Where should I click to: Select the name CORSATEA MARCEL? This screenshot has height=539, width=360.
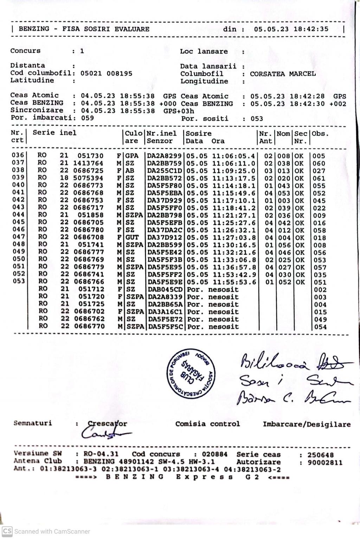click(x=283, y=74)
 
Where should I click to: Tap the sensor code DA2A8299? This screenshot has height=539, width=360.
click(x=164, y=156)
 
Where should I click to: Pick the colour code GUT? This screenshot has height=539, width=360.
click(x=132, y=238)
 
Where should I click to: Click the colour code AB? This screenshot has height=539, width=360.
click(x=130, y=171)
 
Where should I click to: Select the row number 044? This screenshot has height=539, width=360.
click(x=18, y=215)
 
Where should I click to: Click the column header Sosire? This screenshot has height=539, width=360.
click(x=199, y=134)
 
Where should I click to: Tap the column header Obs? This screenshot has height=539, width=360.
click(x=320, y=134)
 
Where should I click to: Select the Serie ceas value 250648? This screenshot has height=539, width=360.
click(x=320, y=455)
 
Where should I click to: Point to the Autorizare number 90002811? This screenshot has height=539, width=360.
click(x=325, y=462)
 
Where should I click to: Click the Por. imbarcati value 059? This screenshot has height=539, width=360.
click(x=88, y=118)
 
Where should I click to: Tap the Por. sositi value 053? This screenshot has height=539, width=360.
click(x=257, y=119)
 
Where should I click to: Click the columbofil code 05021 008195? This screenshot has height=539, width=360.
click(x=106, y=73)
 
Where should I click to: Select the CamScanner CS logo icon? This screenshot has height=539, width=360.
click(x=7, y=531)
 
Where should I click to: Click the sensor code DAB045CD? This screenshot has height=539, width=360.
click(x=165, y=290)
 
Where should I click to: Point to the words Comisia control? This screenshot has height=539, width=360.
click(x=207, y=424)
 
